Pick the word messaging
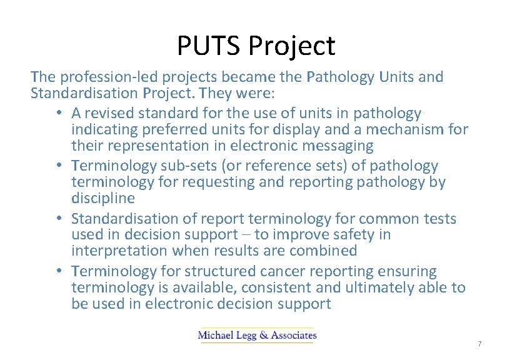(334, 146)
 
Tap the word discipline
(103, 198)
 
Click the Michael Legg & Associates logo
(257, 335)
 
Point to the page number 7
(479, 344)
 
